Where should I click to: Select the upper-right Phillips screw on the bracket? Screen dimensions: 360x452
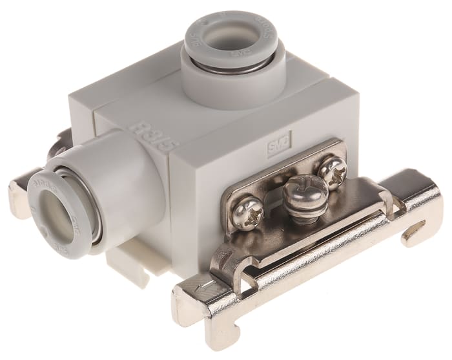point(333,171)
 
